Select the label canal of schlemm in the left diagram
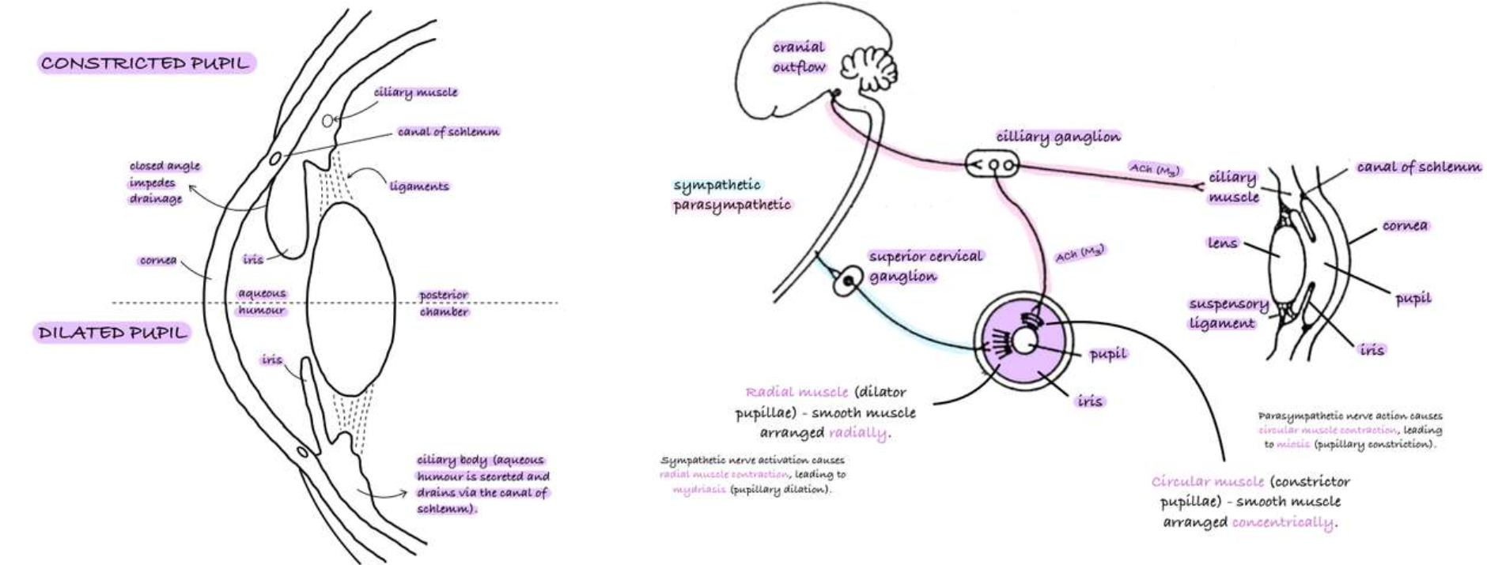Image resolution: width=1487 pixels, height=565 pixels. [x=448, y=132]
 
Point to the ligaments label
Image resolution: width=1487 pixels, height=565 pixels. [x=418, y=186]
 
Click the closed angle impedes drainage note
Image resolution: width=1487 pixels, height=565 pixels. [x=165, y=183]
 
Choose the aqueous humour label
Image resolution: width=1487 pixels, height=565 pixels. [x=262, y=302]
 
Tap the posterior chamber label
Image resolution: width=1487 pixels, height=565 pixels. [x=444, y=303]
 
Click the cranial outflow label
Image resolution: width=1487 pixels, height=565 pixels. [x=799, y=57]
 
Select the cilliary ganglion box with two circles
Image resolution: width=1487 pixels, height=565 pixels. [x=993, y=165]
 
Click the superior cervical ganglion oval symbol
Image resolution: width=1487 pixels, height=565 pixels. [x=847, y=281]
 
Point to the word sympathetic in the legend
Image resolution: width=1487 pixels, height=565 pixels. [x=717, y=185]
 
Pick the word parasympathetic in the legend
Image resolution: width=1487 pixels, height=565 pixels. [x=732, y=205]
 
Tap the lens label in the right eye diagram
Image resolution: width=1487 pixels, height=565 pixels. [x=1222, y=243]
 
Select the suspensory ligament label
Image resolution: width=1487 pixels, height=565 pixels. [x=1228, y=314]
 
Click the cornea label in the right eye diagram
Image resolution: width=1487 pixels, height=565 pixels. [x=1405, y=226]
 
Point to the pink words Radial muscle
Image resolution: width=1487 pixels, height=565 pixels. [x=796, y=392]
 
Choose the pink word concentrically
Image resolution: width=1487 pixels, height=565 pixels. [x=1282, y=522]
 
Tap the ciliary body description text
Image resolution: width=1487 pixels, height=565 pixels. [x=482, y=484]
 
